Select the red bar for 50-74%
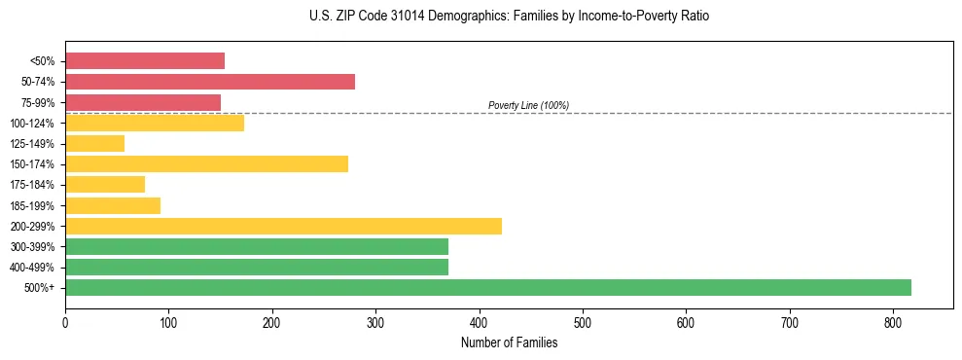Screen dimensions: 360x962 point(210,82)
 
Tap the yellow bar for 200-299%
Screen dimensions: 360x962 point(283,226)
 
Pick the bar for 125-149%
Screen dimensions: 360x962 point(94,144)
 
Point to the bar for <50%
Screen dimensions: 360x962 point(145,61)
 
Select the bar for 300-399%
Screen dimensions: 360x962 point(257,246)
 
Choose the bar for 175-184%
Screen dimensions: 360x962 point(105,185)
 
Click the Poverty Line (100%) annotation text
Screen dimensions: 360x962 point(528,105)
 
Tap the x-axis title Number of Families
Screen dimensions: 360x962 point(509,342)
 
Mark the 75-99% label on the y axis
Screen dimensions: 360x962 point(37,103)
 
